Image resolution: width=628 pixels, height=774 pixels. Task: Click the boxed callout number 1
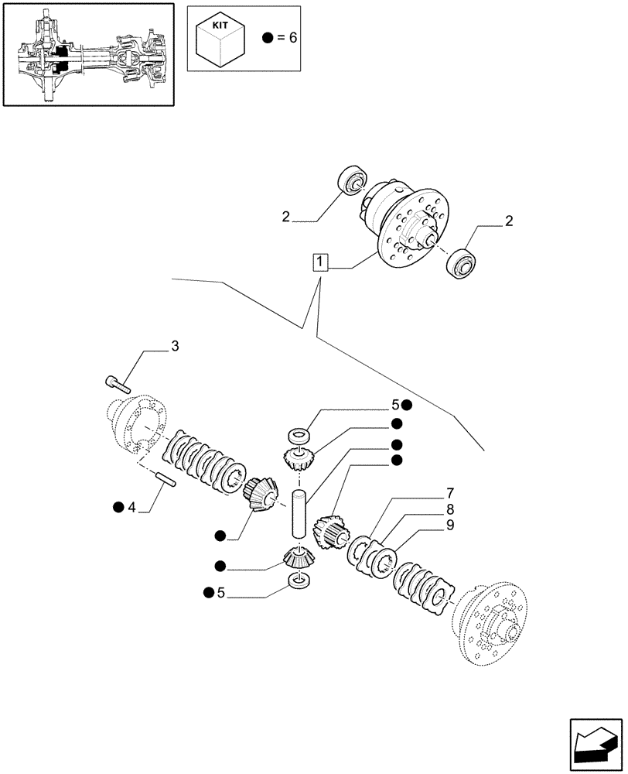(x=319, y=262)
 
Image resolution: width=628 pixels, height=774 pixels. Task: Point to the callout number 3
(x=175, y=346)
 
